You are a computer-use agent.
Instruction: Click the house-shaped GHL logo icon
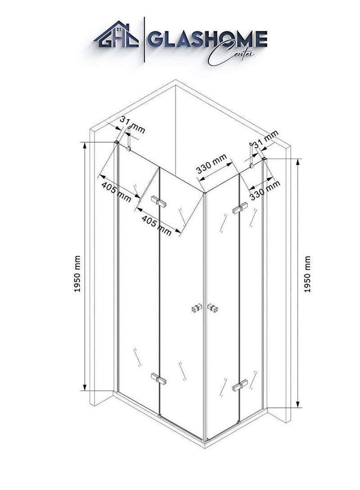point(116,34)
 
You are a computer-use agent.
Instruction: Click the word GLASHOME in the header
point(207,39)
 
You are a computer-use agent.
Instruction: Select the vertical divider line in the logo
point(144,40)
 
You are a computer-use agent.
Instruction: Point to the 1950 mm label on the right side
point(308,274)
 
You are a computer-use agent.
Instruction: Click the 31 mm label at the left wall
point(133,125)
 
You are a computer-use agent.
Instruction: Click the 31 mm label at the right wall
point(266,139)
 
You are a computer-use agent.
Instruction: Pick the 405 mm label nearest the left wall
point(116,192)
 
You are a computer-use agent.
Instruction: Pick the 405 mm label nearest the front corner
point(157,225)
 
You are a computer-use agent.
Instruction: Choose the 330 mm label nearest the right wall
point(265,189)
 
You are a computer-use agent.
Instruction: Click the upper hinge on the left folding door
point(158,201)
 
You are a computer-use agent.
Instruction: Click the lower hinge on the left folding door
point(158,379)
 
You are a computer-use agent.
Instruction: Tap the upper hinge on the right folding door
point(240,208)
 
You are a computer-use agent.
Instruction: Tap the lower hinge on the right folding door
point(240,385)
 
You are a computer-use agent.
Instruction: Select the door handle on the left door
point(196,309)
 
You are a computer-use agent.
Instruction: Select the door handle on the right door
point(212,308)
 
